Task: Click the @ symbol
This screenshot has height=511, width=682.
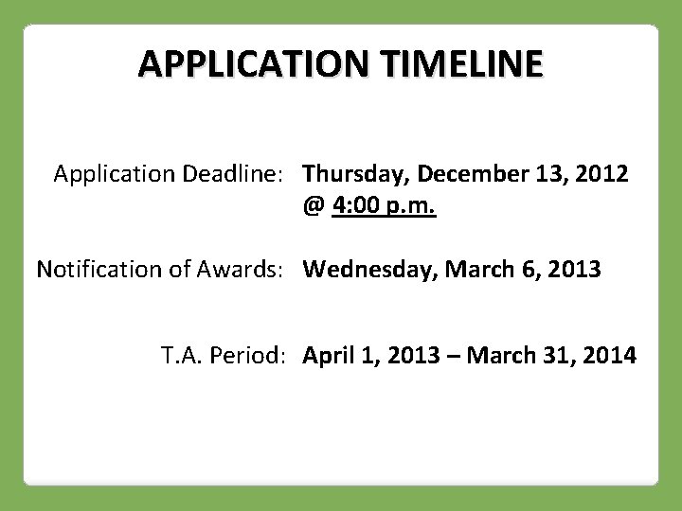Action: tap(314, 204)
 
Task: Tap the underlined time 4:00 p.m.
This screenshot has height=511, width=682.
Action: tap(384, 204)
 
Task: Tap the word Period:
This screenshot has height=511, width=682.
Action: tap(247, 357)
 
